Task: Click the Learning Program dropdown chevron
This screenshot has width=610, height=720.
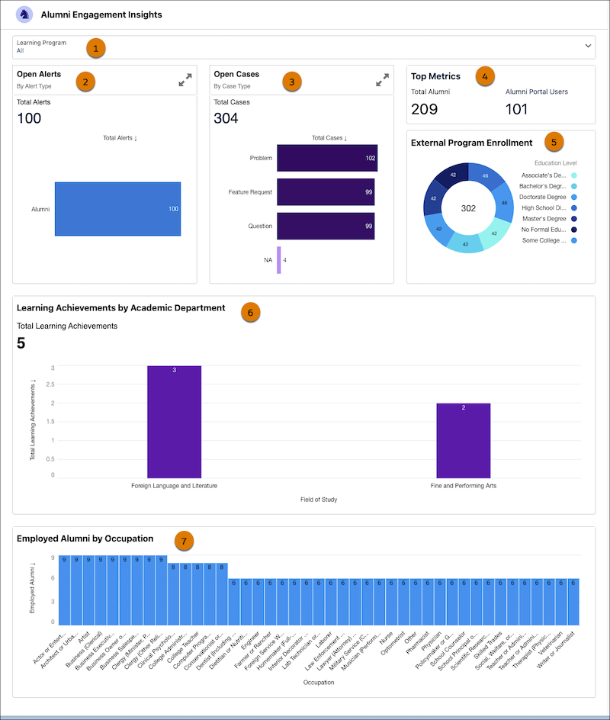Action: [588, 46]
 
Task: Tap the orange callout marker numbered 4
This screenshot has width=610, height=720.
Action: [484, 76]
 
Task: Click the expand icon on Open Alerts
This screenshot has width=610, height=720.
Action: [185, 80]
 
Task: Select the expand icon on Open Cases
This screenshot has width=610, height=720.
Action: [383, 80]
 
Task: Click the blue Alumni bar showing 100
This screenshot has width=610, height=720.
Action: [117, 209]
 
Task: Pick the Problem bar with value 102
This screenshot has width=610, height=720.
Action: [327, 158]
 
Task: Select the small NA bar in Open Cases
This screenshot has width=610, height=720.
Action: [279, 260]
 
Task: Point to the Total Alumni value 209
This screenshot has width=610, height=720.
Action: [424, 109]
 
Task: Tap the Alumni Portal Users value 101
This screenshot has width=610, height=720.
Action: [517, 109]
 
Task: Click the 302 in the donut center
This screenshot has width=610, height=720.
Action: [468, 208]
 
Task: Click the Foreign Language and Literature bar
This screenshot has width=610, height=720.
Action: [174, 422]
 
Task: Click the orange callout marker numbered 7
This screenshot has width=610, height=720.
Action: [183, 541]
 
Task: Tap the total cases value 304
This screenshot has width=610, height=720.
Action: [226, 118]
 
